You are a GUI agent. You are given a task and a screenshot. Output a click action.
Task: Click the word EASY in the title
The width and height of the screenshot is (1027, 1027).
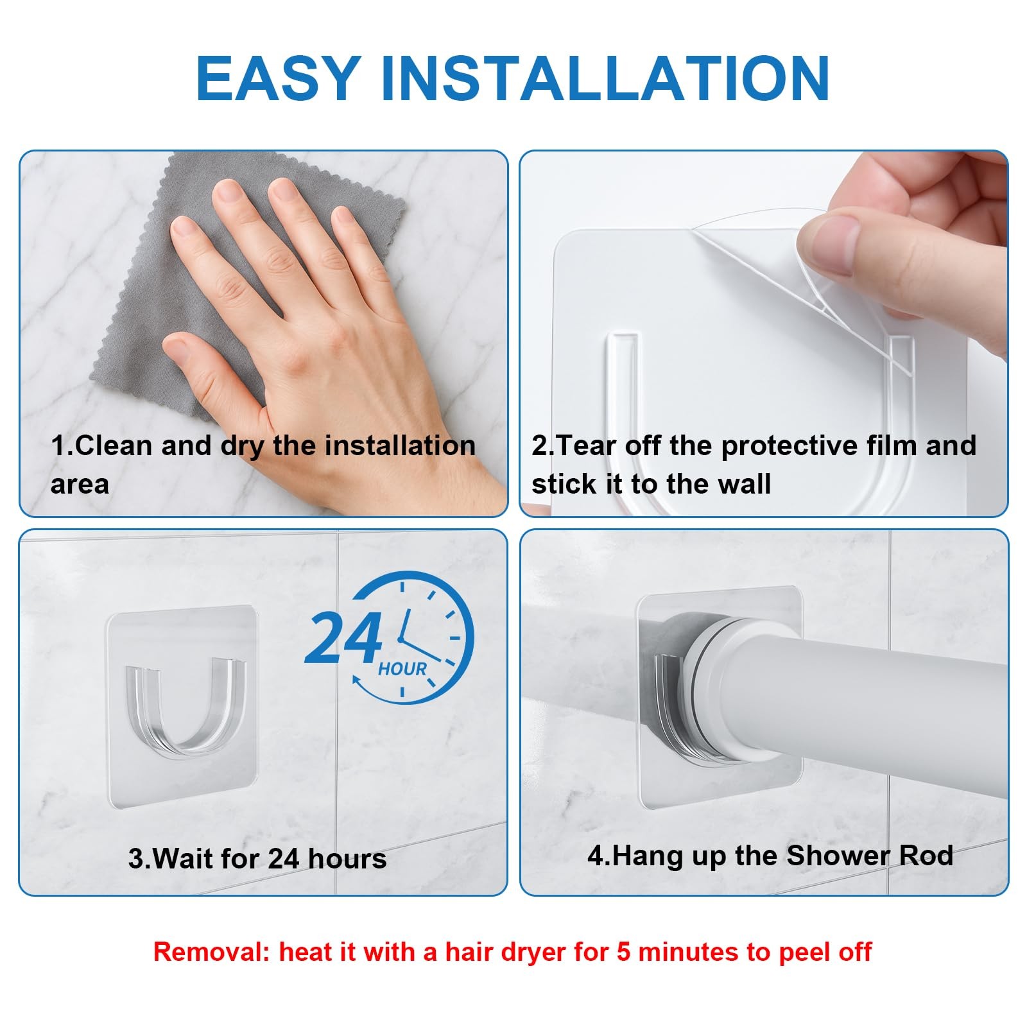click(278, 78)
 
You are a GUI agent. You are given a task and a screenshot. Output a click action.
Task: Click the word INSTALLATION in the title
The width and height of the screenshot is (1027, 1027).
click(605, 78)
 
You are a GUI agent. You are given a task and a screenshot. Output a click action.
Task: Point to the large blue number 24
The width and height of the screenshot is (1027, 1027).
click(343, 638)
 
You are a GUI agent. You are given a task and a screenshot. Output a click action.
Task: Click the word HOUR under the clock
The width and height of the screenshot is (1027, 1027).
click(402, 669)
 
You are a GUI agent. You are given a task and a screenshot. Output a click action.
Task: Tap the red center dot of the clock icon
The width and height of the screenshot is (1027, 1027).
click(400, 639)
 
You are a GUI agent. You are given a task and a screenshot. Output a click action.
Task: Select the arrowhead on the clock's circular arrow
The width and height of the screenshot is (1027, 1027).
click(359, 682)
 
